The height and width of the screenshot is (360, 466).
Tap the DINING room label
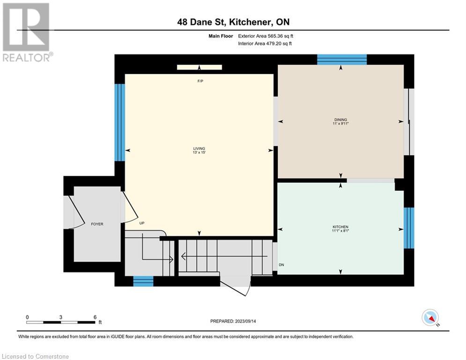pyautogui.click(x=340, y=120)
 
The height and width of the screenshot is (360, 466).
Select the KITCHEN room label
pyautogui.click(x=340, y=227)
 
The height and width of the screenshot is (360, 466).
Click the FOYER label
pyautogui.click(x=97, y=224)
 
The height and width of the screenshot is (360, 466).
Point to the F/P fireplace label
pyautogui.click(x=200, y=82)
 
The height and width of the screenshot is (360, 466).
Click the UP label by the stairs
pyautogui.click(x=141, y=223)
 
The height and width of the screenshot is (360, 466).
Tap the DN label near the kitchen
pyautogui.click(x=281, y=265)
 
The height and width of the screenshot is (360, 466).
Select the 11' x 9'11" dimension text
pyautogui.click(x=340, y=124)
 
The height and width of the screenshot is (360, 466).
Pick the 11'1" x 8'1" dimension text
pyautogui.click(x=340, y=231)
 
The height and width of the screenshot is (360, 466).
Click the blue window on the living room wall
pyautogui.click(x=120, y=122)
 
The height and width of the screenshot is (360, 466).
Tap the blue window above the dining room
pyautogui.click(x=341, y=60)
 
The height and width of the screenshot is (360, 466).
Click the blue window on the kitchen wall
pyautogui.click(x=409, y=228)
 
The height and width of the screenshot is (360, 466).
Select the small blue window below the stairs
pyautogui.click(x=143, y=281)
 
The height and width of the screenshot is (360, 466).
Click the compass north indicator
pyautogui.click(x=429, y=317)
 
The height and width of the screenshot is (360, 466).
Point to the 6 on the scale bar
pyautogui.click(x=95, y=317)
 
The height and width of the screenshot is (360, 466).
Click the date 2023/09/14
pyautogui.click(x=256, y=321)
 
